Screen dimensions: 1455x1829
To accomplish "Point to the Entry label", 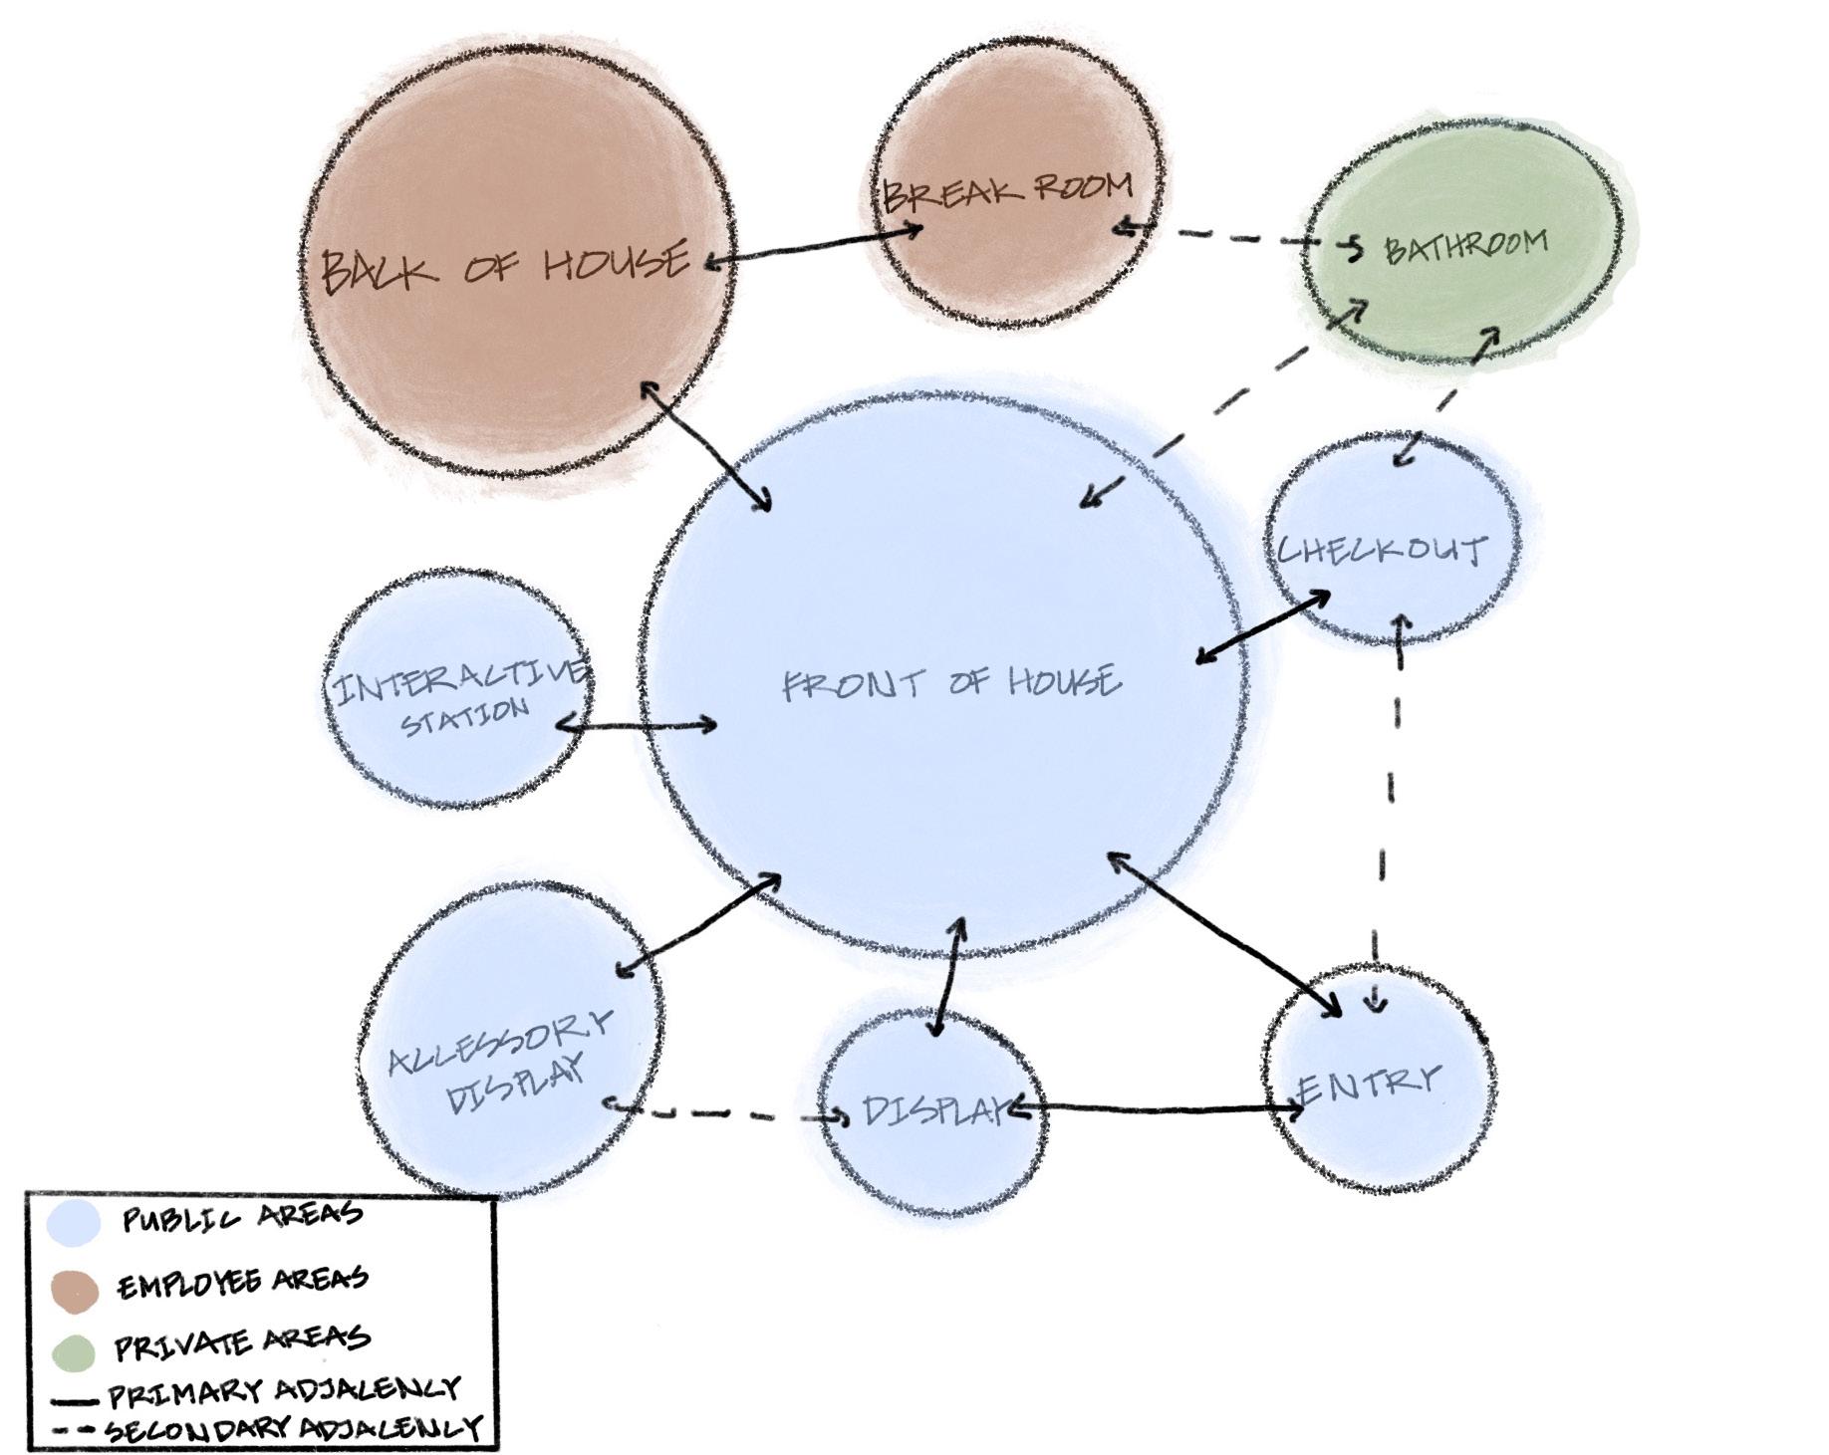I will tap(1370, 1085).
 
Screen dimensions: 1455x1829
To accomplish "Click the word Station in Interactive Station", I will tap(464, 716).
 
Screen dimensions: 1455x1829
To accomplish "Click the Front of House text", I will tap(951, 683).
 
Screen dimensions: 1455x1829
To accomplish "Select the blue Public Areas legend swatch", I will tap(74, 1222).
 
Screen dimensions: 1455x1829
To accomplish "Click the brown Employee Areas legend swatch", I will tap(74, 1288).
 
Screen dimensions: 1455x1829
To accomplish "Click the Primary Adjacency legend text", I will tap(284, 1390).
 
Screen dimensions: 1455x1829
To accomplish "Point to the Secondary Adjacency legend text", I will tap(294, 1430).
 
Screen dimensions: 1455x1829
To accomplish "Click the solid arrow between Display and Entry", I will tap(1156, 1106).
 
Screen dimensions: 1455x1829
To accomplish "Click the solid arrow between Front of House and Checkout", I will tap(1263, 625).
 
